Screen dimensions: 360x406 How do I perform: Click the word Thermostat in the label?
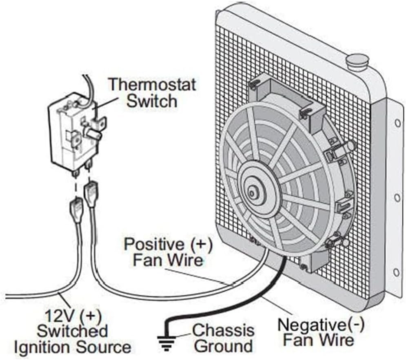[x=152, y=85]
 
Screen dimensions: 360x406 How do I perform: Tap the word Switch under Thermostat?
[x=152, y=101]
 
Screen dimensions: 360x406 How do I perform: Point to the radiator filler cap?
[x=358, y=62]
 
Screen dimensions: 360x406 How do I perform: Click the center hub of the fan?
[x=253, y=193]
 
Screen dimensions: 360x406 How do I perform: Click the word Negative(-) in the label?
[x=320, y=325]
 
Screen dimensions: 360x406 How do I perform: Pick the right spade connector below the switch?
[x=91, y=192]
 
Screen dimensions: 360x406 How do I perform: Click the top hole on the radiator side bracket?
[x=397, y=122]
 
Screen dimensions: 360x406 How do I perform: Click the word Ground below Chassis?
[x=223, y=346]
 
